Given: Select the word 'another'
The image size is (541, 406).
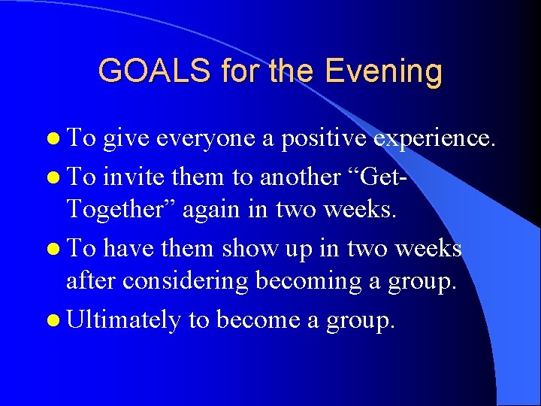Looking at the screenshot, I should [x=299, y=177].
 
